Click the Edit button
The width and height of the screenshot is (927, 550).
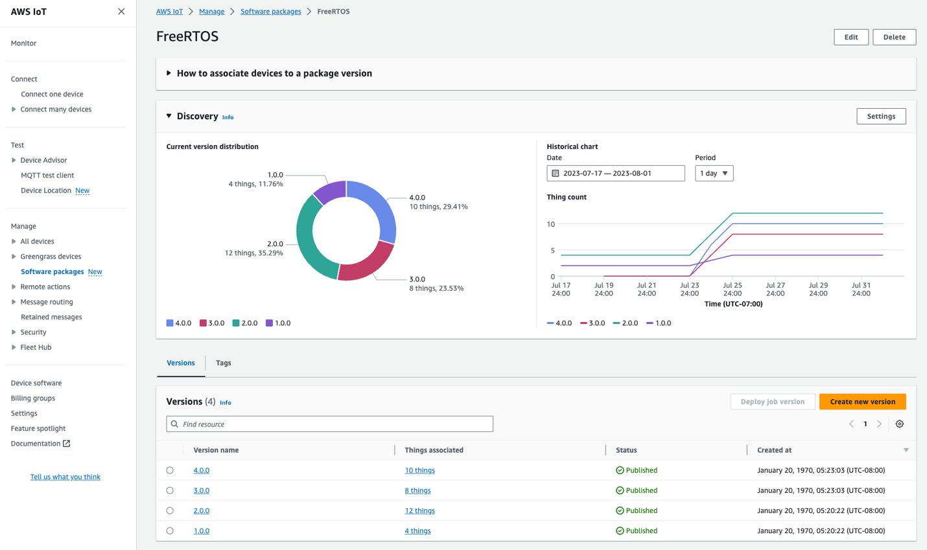click(851, 37)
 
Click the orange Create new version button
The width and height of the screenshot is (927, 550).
click(862, 402)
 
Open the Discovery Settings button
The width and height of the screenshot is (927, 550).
click(881, 117)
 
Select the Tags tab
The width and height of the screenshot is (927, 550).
click(223, 363)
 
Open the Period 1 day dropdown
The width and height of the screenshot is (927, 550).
click(714, 174)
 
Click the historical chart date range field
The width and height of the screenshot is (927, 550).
click(615, 174)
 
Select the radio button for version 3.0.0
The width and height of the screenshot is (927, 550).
click(170, 490)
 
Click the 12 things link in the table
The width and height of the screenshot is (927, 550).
click(419, 510)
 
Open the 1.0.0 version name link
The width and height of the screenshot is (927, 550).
click(201, 531)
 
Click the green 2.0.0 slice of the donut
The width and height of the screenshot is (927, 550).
click(311, 240)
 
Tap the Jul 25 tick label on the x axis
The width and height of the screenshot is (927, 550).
click(733, 289)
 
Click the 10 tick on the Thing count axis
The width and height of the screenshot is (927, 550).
click(551, 224)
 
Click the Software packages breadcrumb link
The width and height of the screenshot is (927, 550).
click(270, 12)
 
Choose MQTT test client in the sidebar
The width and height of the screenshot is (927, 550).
click(47, 176)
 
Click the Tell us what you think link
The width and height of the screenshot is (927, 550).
click(65, 477)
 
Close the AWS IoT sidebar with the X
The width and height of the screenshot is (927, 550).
click(121, 12)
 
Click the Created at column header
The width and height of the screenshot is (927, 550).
click(774, 450)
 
